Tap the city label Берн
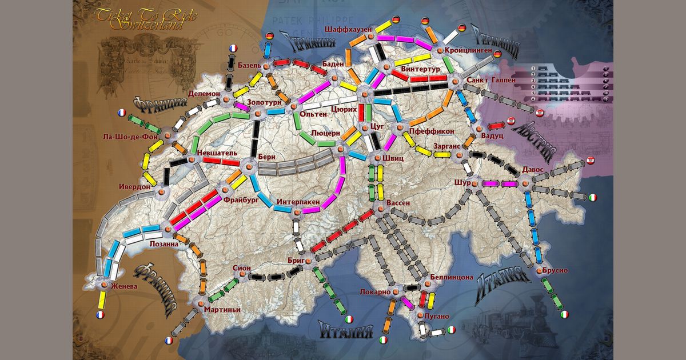click(x=266, y=156)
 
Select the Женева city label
click(x=125, y=286)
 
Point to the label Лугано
click(x=437, y=315)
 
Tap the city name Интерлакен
click(x=298, y=202)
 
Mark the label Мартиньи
click(x=222, y=310)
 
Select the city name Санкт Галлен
click(x=491, y=81)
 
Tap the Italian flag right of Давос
click(x=593, y=197)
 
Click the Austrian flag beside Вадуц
click(x=510, y=121)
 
